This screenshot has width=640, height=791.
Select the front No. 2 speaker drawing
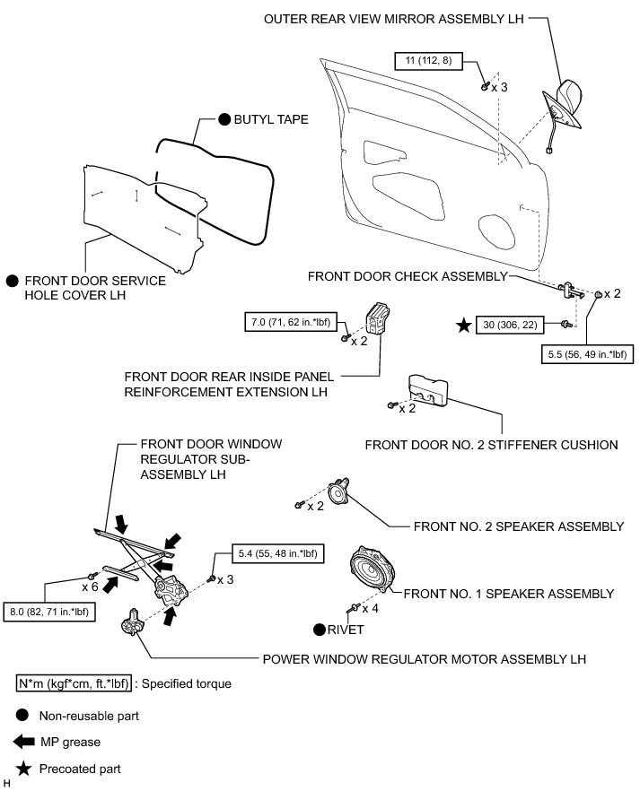(x=340, y=491)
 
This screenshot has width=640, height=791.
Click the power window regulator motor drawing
(x=134, y=621)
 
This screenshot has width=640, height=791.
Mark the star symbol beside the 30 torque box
(x=462, y=326)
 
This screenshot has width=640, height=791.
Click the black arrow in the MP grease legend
(x=24, y=742)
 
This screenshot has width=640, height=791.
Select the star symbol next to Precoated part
(x=23, y=768)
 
